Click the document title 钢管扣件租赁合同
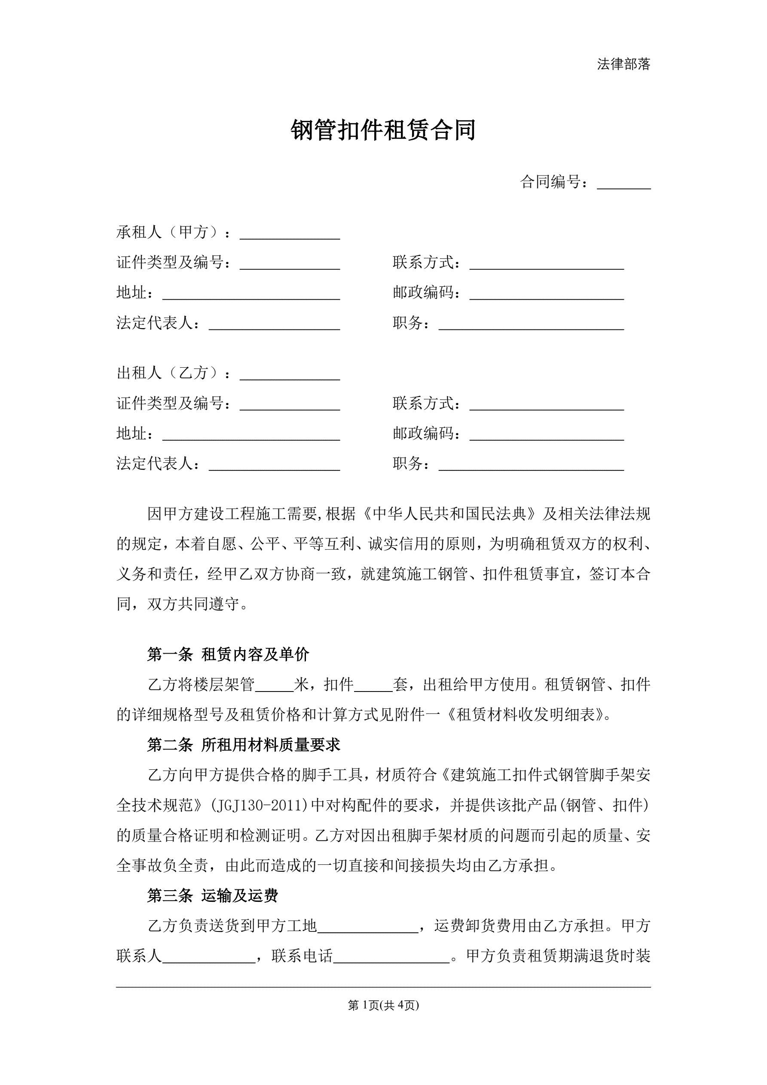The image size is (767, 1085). pyautogui.click(x=383, y=130)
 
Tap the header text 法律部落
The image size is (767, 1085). pyautogui.click(x=623, y=64)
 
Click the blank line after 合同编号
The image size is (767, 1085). pyautogui.click(x=623, y=183)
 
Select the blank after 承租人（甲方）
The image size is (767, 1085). pyautogui.click(x=290, y=234)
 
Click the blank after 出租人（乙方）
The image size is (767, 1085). pyautogui.click(x=290, y=374)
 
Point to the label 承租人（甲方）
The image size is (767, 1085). pyautogui.click(x=168, y=232)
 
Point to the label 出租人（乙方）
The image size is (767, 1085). pyautogui.click(x=168, y=373)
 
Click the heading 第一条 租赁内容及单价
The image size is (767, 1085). pyautogui.click(x=228, y=654)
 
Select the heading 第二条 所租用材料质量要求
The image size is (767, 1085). pyautogui.click(x=244, y=745)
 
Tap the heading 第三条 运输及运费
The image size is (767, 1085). pyautogui.click(x=213, y=895)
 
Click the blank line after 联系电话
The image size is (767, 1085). pyautogui.click(x=391, y=957)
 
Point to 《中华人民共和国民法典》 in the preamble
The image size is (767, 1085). pyautogui.click(x=449, y=514)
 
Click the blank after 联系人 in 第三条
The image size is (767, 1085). pyautogui.click(x=209, y=957)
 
